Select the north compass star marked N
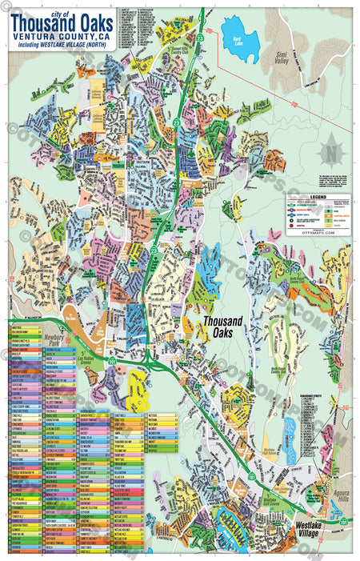(x=329, y=151)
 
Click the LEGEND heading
(x=318, y=196)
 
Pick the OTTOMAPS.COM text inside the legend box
(x=318, y=230)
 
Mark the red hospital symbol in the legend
(x=291, y=226)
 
